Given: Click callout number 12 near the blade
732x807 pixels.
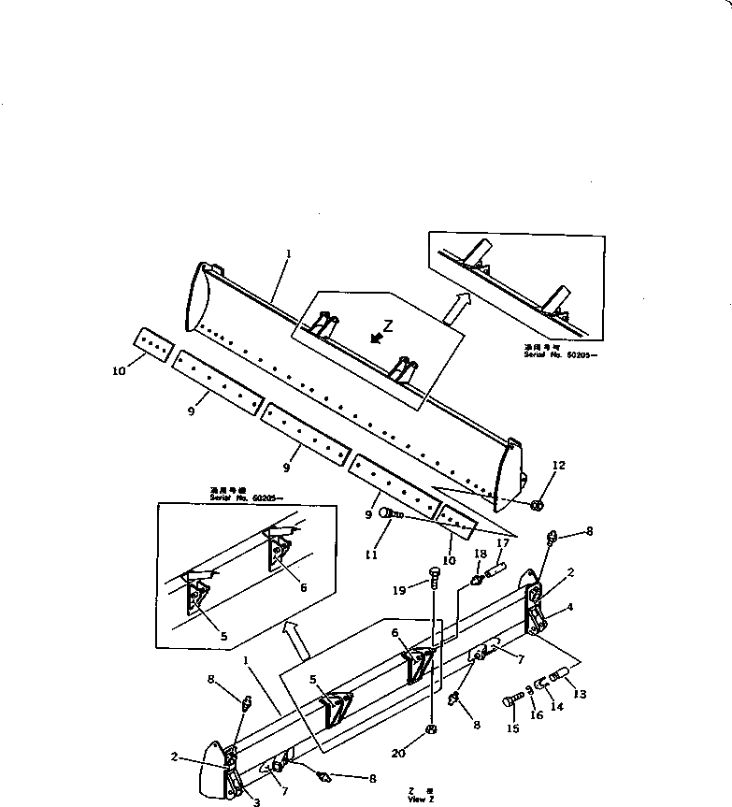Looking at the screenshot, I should pyautogui.click(x=558, y=465).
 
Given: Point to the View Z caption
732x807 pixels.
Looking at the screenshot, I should pyautogui.click(x=422, y=797).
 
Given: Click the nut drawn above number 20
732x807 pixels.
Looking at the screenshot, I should pyautogui.click(x=430, y=729).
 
